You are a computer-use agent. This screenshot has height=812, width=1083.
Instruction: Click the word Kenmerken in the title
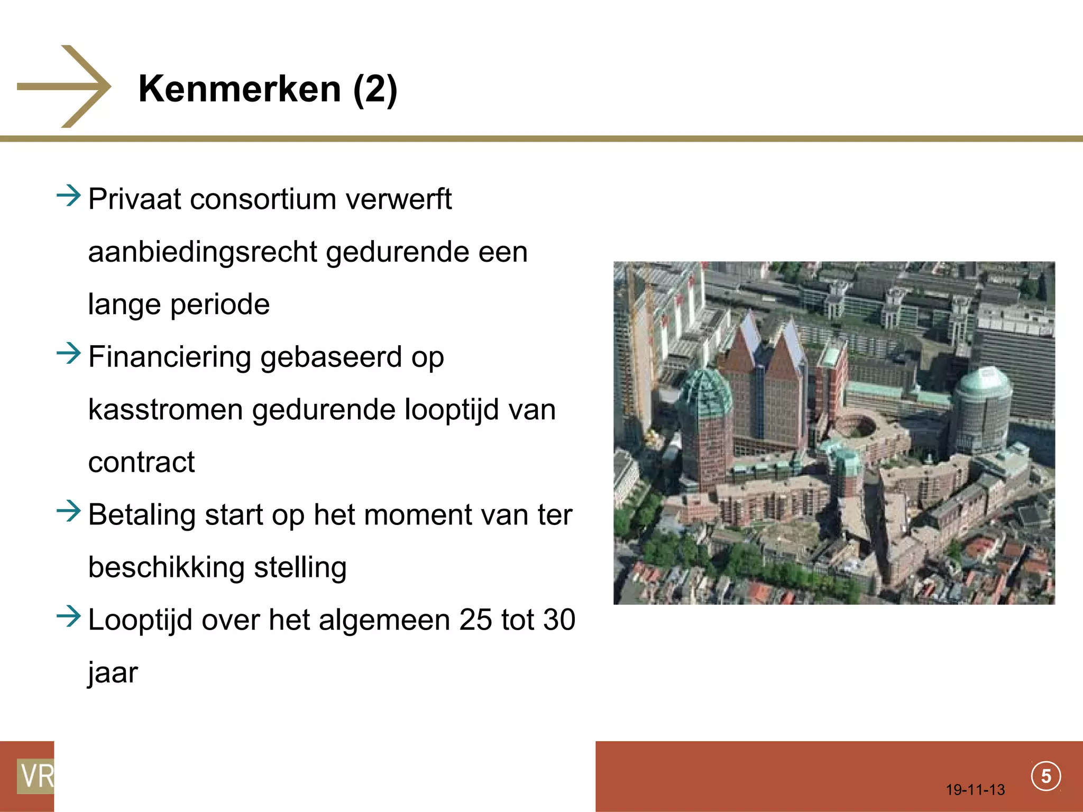click(x=240, y=89)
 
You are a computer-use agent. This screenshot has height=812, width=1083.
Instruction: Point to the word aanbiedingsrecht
click(x=203, y=252)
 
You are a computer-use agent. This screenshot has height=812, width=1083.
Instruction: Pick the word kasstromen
click(x=166, y=410)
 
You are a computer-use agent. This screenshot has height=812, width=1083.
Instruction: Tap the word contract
click(x=141, y=463)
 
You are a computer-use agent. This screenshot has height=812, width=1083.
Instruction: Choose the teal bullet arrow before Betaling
click(x=69, y=511)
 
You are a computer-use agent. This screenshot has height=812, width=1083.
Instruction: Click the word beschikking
click(x=166, y=567)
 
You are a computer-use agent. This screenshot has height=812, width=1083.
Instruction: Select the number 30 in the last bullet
click(x=559, y=620)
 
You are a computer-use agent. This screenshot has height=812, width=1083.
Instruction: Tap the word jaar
click(x=113, y=673)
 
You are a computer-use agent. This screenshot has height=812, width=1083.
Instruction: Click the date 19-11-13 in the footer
click(x=975, y=790)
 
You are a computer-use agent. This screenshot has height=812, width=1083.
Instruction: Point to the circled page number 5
click(x=1045, y=776)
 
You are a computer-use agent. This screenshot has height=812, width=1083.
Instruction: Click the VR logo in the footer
click(x=35, y=776)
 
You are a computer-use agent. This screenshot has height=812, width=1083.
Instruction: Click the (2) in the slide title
click(x=375, y=89)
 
